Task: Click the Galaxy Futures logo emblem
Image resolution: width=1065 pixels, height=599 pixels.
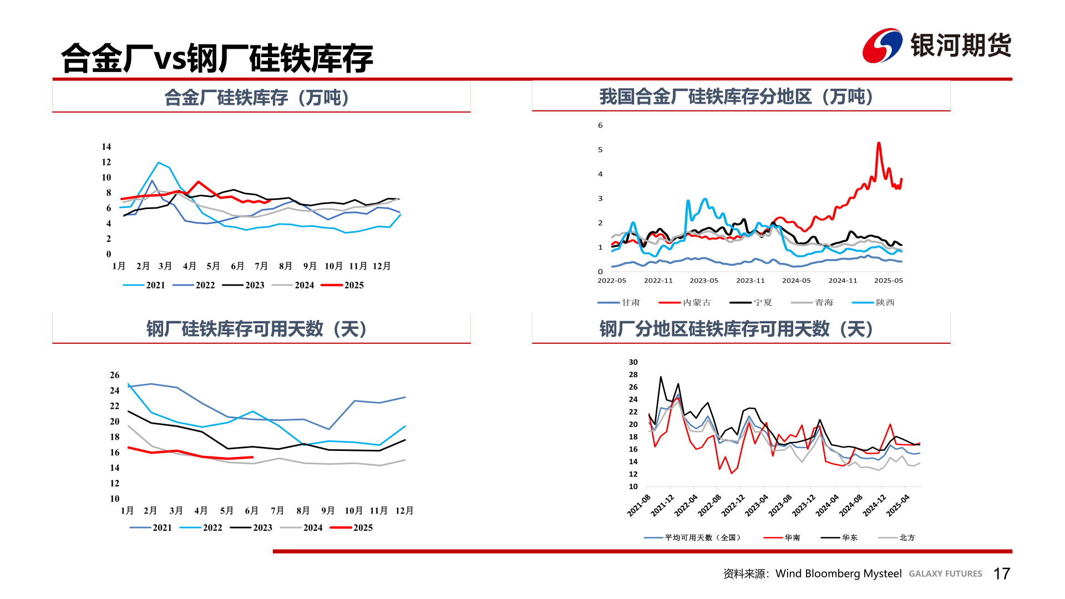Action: tap(882, 45)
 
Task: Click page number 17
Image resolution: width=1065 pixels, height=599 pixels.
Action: tap(1001, 573)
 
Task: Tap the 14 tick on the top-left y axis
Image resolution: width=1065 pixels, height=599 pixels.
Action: tap(106, 147)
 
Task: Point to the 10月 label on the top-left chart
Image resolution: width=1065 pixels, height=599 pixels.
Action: tap(333, 266)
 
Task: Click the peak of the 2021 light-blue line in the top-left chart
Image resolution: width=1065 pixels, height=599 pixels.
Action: tap(159, 163)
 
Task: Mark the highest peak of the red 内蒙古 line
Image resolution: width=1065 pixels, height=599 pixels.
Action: tap(879, 143)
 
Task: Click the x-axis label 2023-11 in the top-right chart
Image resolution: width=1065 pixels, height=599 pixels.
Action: tap(750, 281)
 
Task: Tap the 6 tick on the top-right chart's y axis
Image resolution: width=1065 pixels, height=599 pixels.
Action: tap(600, 125)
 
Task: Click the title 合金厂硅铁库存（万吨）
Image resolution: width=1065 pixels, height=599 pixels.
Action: tap(256, 98)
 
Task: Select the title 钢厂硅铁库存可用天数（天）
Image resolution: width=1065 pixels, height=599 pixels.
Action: tap(256, 329)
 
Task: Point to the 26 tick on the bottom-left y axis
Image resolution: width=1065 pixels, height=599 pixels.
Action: tap(115, 375)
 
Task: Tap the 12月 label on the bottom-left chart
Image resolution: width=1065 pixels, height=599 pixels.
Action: tap(404, 510)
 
